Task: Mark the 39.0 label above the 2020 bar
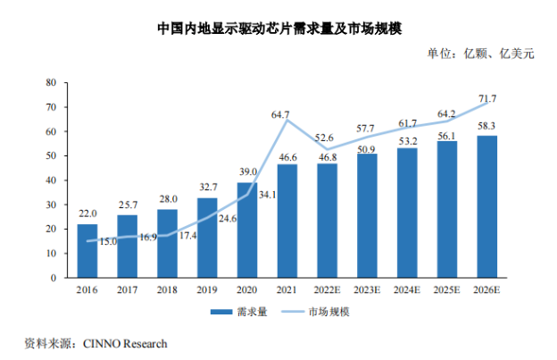click(247, 172)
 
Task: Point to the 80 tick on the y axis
click(52, 82)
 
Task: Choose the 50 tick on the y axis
click(52, 155)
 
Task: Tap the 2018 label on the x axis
click(167, 290)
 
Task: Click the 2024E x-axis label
click(407, 290)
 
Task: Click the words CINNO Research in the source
click(125, 343)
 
